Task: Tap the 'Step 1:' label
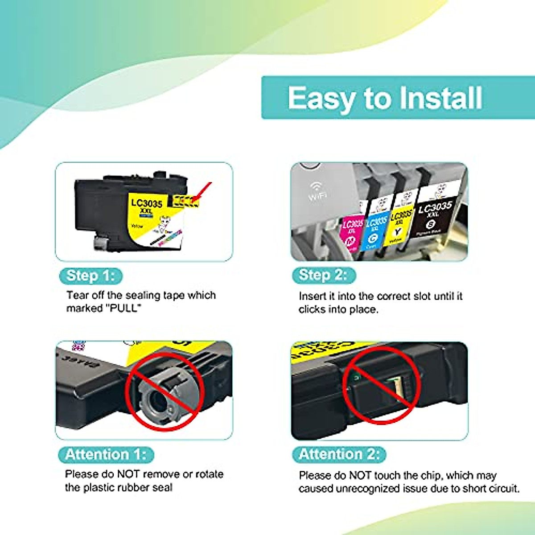click(91, 276)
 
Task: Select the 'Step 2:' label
click(323, 275)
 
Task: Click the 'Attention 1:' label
click(106, 454)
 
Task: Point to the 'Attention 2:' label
click(339, 454)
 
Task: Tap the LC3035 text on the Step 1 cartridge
click(146, 203)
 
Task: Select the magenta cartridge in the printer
click(352, 232)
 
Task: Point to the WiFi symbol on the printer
click(317, 189)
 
